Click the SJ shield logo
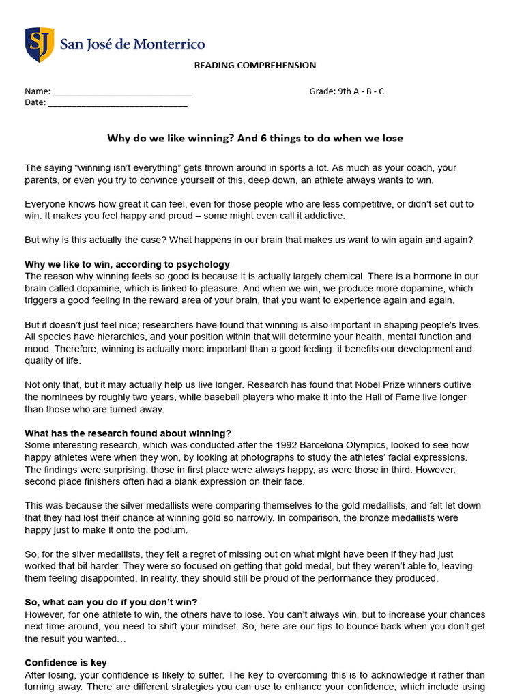[40, 45]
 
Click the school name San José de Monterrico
[132, 44]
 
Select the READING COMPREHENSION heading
[255, 66]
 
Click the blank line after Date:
[117, 104]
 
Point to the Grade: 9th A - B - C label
[347, 91]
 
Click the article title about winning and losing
[255, 138]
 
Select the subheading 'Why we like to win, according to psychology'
[127, 264]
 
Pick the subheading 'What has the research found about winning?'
[128, 433]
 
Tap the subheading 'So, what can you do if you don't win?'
[111, 602]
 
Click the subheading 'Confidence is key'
[65, 662]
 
